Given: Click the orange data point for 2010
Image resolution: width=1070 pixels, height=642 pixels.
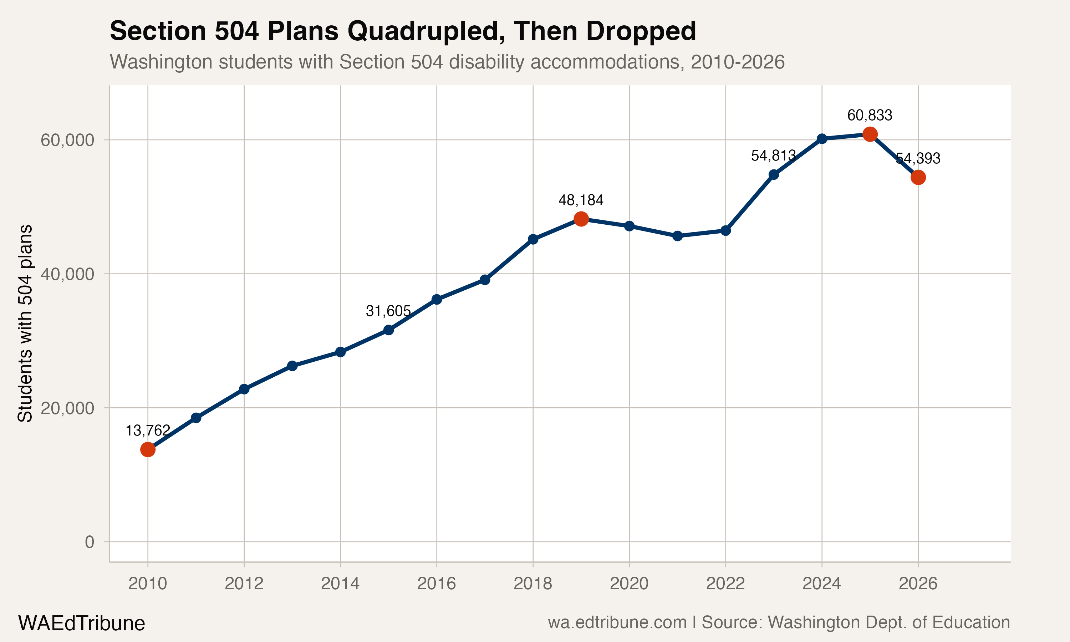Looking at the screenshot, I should [x=148, y=449].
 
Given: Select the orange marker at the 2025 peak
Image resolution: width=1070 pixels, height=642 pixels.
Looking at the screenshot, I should [x=870, y=134].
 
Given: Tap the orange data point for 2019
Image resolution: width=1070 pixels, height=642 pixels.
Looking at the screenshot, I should [x=581, y=219].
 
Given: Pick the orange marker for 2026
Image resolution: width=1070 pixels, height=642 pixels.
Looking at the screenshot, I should [x=918, y=177].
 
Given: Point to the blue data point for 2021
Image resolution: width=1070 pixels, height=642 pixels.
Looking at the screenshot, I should [x=677, y=236].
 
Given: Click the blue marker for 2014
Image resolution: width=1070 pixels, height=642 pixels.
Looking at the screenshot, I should [x=340, y=352].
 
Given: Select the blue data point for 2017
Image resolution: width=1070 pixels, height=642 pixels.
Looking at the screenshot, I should [x=485, y=280].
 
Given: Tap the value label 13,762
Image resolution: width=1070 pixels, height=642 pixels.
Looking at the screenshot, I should [x=148, y=430].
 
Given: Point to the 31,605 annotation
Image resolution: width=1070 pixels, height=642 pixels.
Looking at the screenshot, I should [x=388, y=311].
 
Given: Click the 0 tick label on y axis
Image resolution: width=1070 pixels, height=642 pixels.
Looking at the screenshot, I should [x=90, y=542].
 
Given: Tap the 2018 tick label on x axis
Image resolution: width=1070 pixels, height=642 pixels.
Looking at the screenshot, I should [x=533, y=584].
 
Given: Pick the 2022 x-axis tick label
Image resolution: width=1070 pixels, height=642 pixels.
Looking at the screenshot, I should [x=725, y=584].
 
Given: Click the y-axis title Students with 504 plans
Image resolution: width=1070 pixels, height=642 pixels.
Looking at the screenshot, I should [x=25, y=323].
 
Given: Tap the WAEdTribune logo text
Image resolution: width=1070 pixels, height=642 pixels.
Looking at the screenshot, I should [x=81, y=623].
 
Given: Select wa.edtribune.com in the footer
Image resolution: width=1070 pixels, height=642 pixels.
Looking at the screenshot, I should [x=617, y=622].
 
